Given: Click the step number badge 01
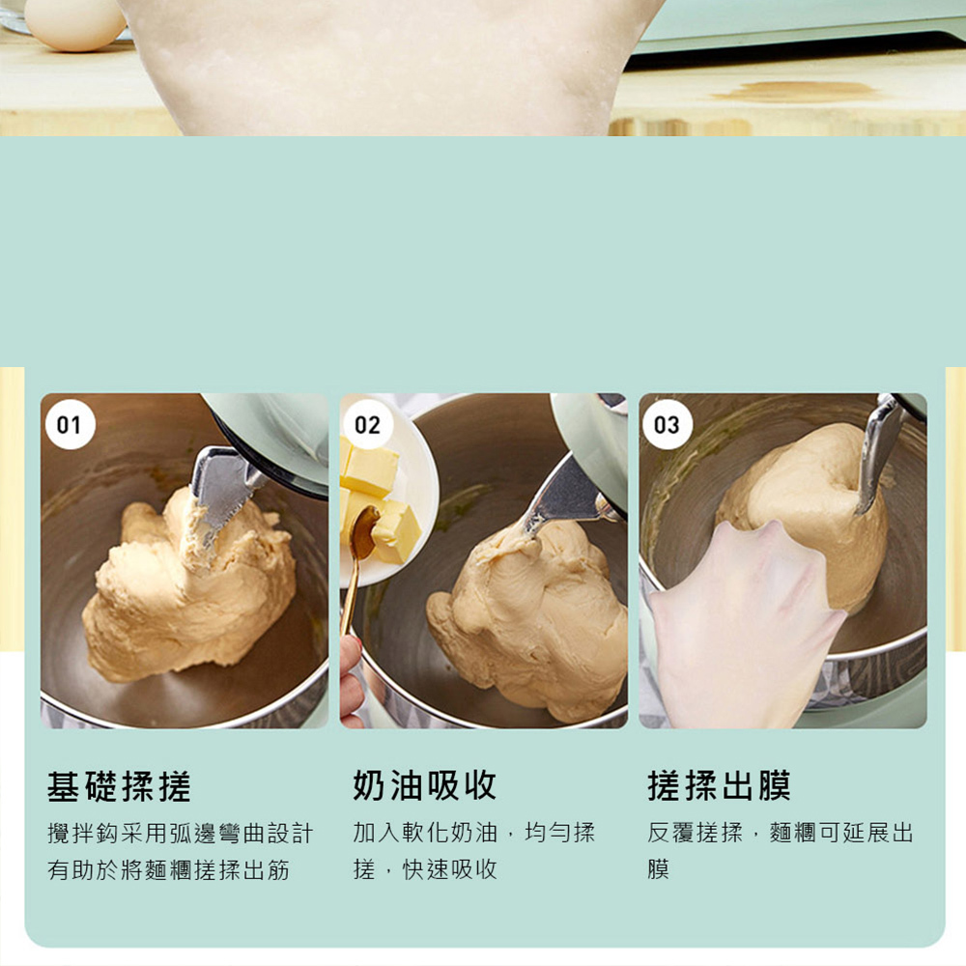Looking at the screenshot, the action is click(x=70, y=424).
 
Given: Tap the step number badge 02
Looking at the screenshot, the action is click(x=368, y=424).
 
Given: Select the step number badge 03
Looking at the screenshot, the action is click(x=668, y=424).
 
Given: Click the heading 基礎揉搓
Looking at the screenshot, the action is click(x=119, y=785).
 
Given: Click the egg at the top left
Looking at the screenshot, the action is click(x=74, y=23).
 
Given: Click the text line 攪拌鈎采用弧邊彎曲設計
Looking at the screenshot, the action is click(x=181, y=834).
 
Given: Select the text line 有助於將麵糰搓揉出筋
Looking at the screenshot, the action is click(x=168, y=870).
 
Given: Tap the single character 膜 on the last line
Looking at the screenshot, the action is click(x=658, y=869).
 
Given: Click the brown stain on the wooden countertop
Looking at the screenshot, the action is click(x=795, y=91).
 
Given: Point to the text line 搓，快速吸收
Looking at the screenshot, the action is click(x=425, y=869).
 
